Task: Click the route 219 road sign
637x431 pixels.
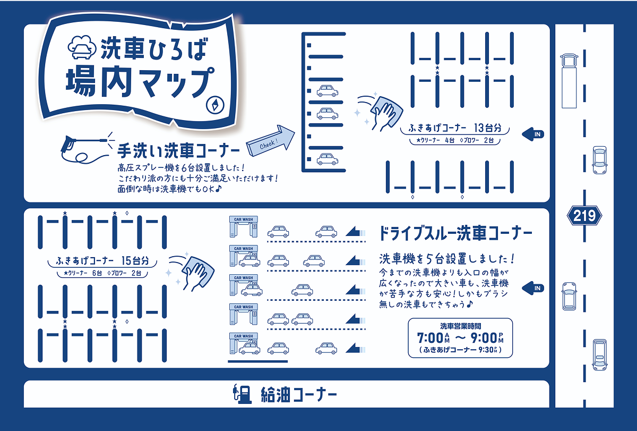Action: (584, 216)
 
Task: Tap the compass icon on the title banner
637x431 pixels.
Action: (215, 105)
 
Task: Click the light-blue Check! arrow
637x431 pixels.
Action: (270, 141)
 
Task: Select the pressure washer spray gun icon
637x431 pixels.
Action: (87, 148)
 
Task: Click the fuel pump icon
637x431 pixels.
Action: (242, 394)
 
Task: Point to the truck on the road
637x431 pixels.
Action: (569, 81)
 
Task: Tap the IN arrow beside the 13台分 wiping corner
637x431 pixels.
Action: (533, 134)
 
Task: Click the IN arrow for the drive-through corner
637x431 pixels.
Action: (533, 288)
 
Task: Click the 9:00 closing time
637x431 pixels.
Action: (487, 338)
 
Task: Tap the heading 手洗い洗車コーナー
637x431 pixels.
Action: (178, 150)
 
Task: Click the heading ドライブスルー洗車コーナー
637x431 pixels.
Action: (455, 233)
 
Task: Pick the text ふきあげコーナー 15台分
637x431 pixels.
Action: (102, 260)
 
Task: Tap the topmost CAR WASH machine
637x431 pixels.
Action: (244, 226)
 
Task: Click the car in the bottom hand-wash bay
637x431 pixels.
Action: (328, 159)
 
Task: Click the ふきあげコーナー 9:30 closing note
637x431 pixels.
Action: (460, 350)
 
